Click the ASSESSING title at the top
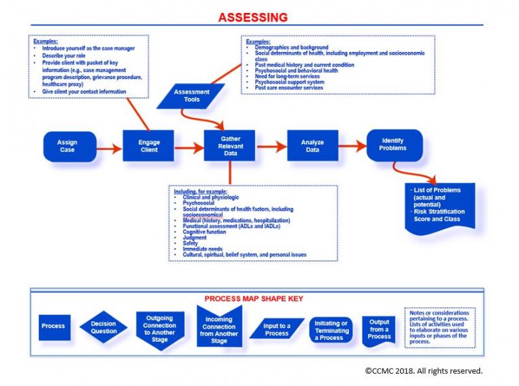254,16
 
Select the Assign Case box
67,147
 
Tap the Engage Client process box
148,147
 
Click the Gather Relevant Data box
230,147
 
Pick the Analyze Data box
312,147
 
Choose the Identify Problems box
394,145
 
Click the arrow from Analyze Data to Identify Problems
351,146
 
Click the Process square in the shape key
53,326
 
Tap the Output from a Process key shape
380,328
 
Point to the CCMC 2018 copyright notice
424,372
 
